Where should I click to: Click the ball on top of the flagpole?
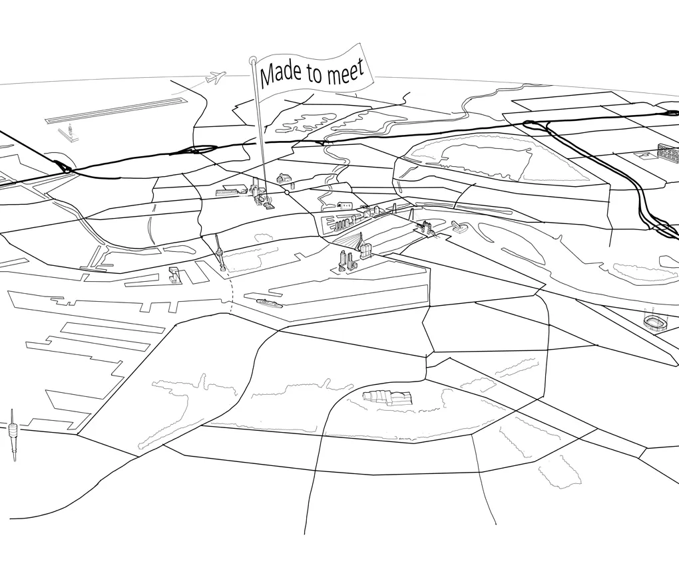pos(252,60)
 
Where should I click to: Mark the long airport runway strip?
pos(116,110)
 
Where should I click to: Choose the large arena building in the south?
pos(387,398)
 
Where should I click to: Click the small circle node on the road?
pos(287,192)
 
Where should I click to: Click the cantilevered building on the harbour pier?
pos(174,274)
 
